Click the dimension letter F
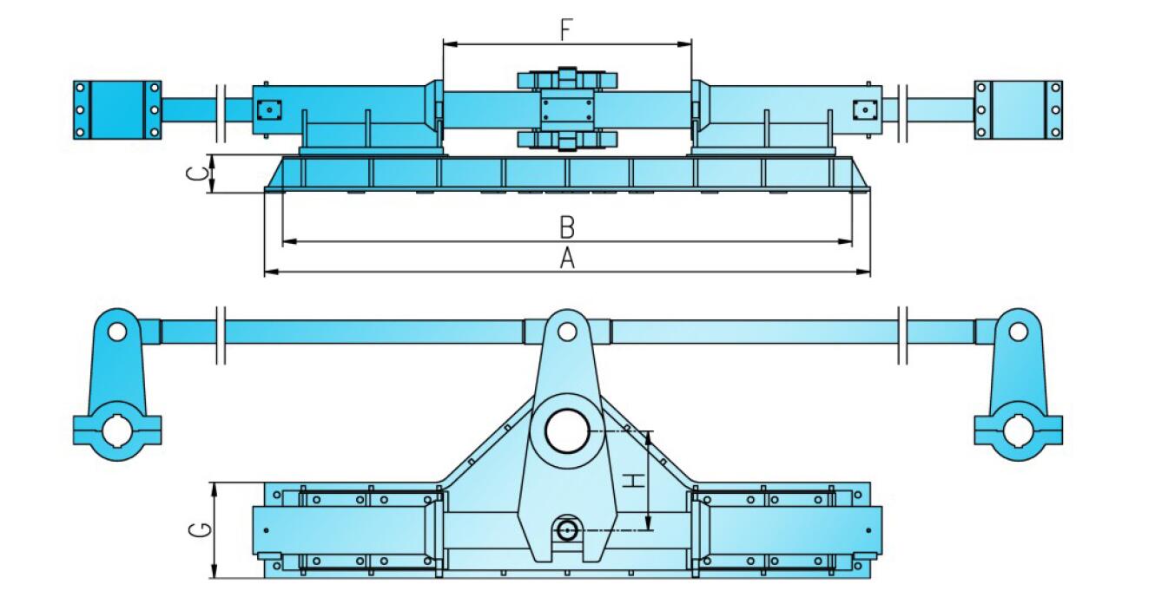click(x=565, y=30)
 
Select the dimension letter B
click(x=567, y=227)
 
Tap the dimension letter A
click(x=567, y=259)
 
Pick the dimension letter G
click(x=200, y=529)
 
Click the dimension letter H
click(x=635, y=480)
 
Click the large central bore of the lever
click(x=567, y=431)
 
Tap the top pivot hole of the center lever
click(x=567, y=332)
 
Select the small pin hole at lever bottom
click(x=567, y=530)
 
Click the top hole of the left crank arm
click(x=117, y=332)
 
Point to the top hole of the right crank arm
click(x=1018, y=332)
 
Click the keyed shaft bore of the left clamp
click(x=117, y=430)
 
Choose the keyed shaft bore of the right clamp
click(x=1019, y=430)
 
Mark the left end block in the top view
click(x=117, y=110)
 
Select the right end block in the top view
click(x=1019, y=110)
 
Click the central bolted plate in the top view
click(x=567, y=110)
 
